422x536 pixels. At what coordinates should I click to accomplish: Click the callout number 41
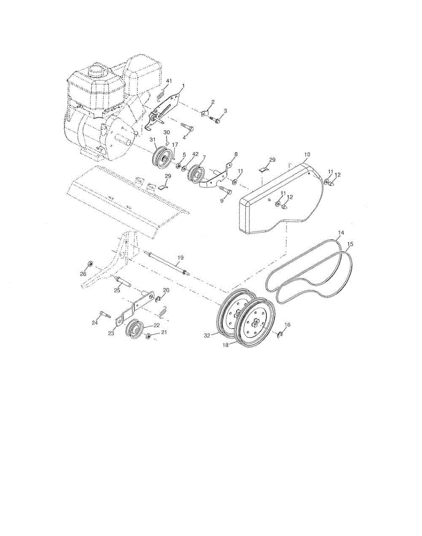click(169, 81)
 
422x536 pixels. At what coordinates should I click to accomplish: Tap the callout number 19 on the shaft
click(180, 258)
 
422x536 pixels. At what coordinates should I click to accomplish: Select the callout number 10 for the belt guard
click(306, 155)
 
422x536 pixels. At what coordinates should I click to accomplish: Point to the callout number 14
click(341, 233)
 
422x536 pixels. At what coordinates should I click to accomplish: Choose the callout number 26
click(83, 274)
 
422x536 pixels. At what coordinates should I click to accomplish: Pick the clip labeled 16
click(280, 333)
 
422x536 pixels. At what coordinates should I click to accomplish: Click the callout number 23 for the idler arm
click(111, 333)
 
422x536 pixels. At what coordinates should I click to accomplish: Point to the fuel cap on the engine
click(95, 70)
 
